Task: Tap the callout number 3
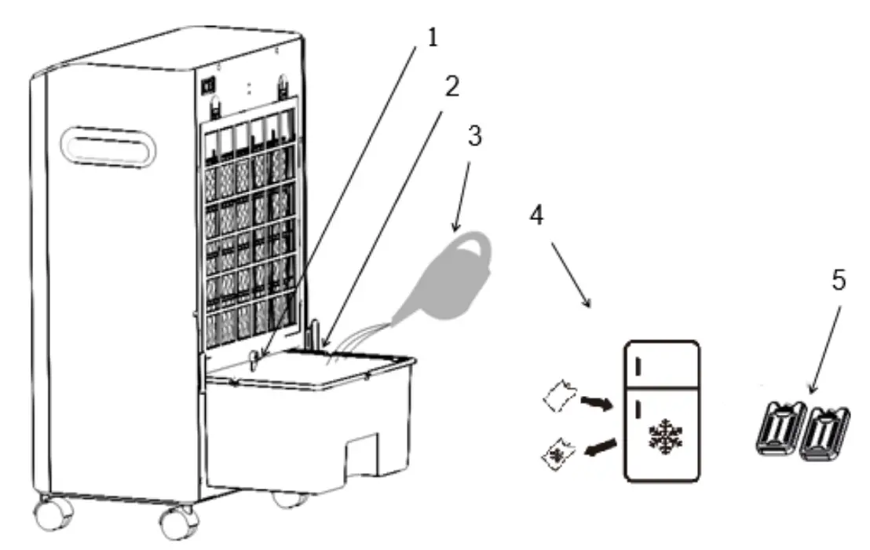click(x=473, y=135)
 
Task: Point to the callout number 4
click(x=536, y=217)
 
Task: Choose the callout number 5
click(x=839, y=280)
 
